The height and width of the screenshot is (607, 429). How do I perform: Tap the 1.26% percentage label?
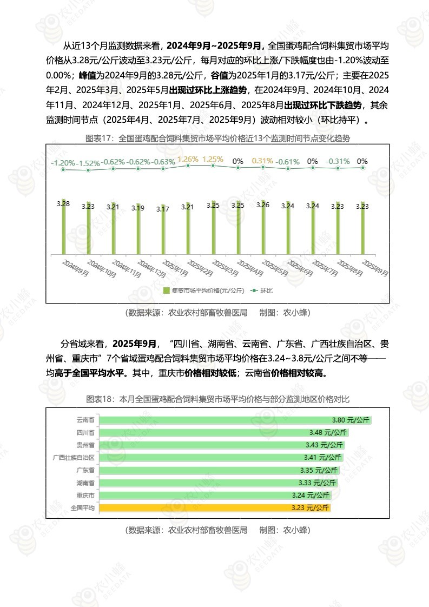click(x=188, y=159)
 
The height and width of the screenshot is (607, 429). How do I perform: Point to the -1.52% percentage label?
click(x=88, y=163)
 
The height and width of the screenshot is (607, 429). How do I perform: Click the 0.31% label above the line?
click(x=262, y=161)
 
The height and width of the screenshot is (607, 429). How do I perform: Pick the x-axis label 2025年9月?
click(x=374, y=268)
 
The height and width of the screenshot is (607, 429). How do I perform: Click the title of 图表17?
click(x=218, y=138)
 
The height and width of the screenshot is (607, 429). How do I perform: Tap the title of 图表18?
click(x=218, y=399)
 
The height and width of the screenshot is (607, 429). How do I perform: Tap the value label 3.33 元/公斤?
click(x=318, y=483)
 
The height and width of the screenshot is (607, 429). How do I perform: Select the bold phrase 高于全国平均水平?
click(x=85, y=373)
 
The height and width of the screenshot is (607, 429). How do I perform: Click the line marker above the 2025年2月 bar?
click(x=188, y=166)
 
